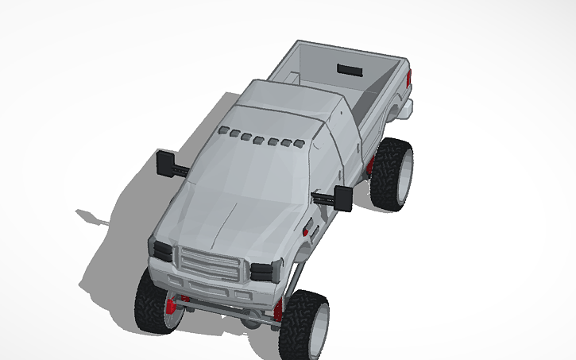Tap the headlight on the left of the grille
point(162,250)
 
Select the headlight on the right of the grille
point(263,271)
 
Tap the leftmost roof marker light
point(224,130)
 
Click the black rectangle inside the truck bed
point(349,68)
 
